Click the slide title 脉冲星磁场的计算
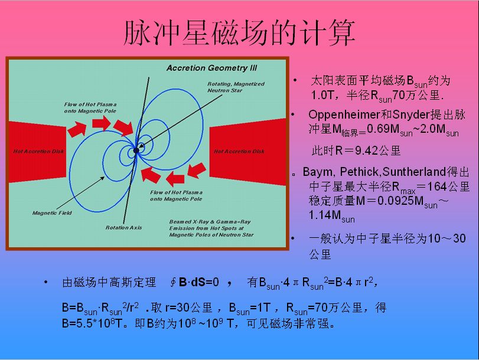pos(239,33)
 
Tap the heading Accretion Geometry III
pos(211,68)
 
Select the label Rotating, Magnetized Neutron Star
pos(236,87)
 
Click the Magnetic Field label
pos(52,213)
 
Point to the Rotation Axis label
pos(123,227)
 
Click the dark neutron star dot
pos(136,150)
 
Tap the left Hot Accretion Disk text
pos(38,151)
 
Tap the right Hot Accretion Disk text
pos(239,151)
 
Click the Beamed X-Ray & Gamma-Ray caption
pos(211,228)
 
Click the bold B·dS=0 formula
pos(199,282)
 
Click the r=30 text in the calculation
pos(178,307)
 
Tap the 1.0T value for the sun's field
pos(322,95)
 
